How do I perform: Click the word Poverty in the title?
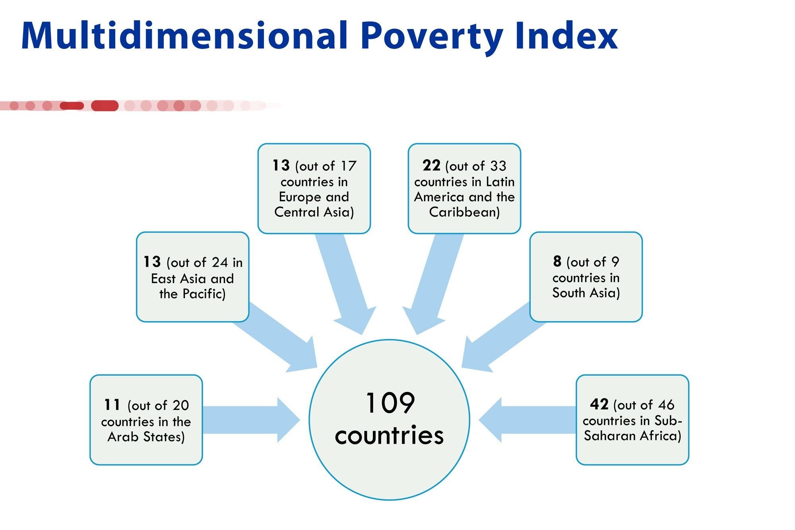[432, 37]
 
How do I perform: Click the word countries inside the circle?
[389, 435]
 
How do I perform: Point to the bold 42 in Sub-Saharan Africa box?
[599, 404]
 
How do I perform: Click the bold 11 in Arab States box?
[112, 405]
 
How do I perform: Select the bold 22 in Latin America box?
[431, 165]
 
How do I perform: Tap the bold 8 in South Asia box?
[557, 261]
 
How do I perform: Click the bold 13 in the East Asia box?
[152, 262]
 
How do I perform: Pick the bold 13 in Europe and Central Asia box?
[281, 165]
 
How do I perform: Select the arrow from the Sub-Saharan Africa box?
[527, 420]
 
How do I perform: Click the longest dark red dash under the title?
[105, 106]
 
